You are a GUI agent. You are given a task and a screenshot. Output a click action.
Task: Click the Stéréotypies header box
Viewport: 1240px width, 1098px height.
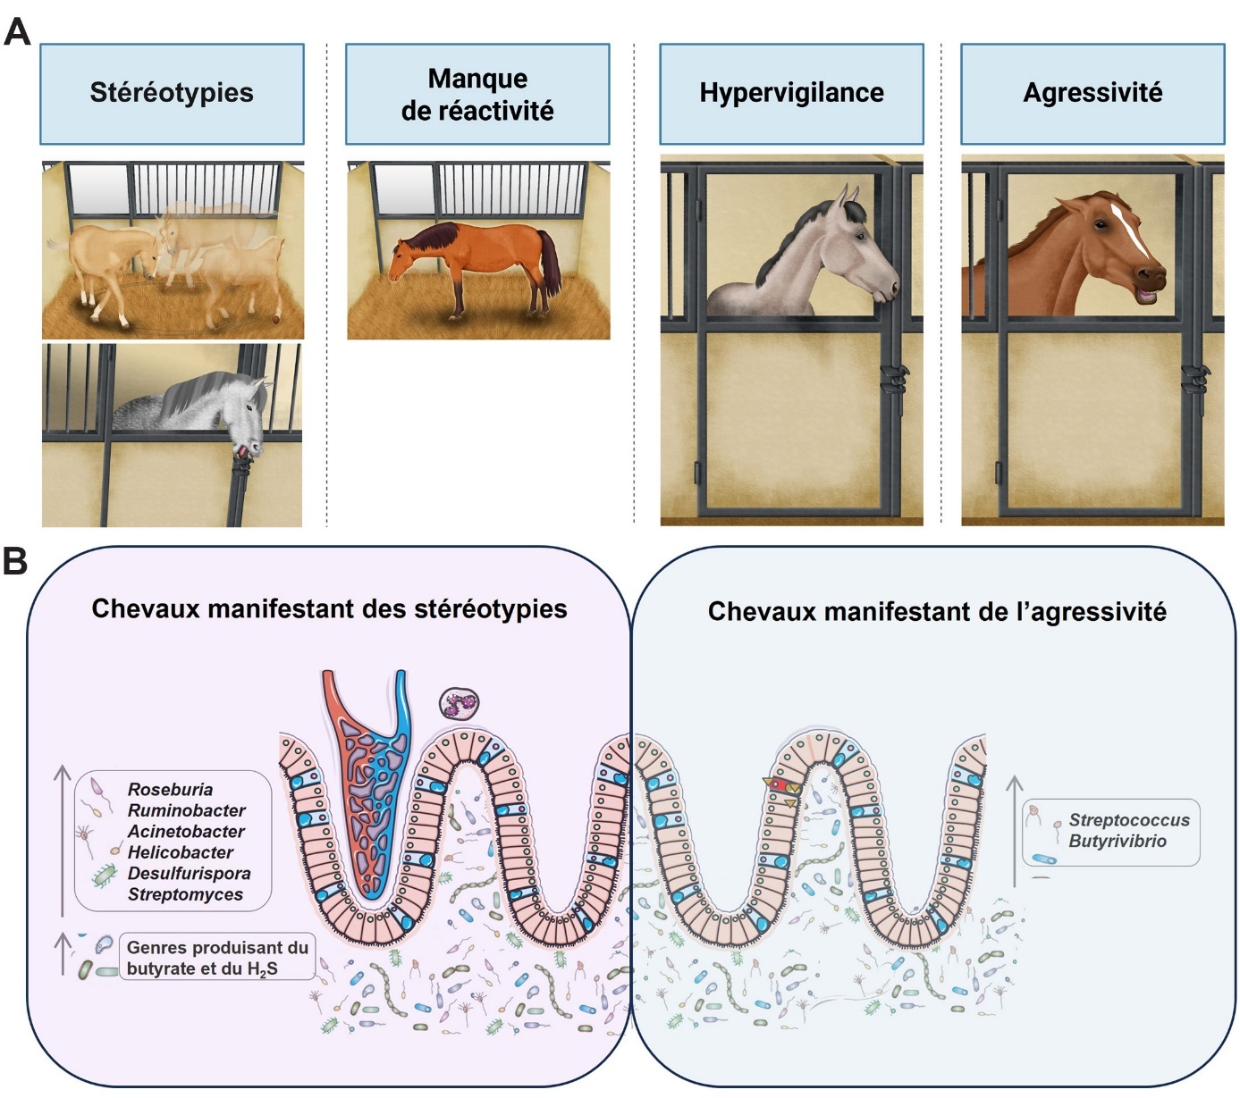tap(172, 93)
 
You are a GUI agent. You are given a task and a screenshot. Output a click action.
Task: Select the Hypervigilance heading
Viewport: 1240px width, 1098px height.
tap(791, 93)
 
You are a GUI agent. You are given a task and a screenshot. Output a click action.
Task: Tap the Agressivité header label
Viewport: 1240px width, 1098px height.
tap(1092, 93)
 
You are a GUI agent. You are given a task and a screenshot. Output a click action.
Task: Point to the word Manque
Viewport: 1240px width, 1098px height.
tap(477, 79)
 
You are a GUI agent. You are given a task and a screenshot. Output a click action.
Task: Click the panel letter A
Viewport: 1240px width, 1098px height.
tap(17, 32)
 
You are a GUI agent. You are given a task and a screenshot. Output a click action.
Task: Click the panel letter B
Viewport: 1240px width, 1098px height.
tap(15, 562)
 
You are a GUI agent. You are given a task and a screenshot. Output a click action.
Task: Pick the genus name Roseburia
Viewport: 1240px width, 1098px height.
tap(170, 790)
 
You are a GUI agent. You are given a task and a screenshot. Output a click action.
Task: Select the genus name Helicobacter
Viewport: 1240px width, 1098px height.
tap(180, 852)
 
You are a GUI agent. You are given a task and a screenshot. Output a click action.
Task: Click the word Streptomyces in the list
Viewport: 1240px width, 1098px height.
tap(185, 894)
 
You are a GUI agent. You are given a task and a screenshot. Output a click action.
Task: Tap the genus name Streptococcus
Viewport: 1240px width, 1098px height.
tap(1129, 820)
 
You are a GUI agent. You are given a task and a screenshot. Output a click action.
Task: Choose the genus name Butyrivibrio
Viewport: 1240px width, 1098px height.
tap(1118, 841)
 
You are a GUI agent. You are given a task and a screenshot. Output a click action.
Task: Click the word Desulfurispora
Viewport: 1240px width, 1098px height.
tap(189, 873)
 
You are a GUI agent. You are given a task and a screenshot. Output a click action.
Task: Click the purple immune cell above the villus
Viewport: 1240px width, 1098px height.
tap(460, 704)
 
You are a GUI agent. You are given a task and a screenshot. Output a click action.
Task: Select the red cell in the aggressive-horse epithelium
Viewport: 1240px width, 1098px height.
tap(779, 785)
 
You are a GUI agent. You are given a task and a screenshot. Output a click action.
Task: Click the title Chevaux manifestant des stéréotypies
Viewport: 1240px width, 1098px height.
tap(329, 609)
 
